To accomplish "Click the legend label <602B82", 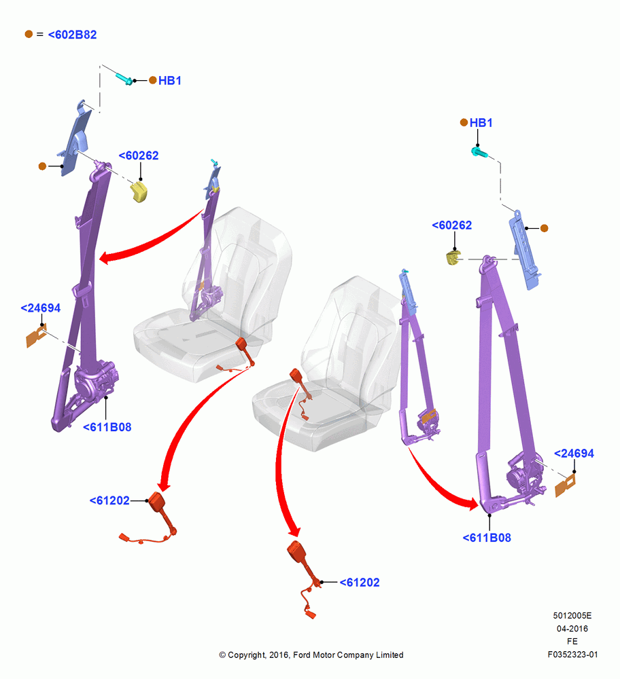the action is click(x=73, y=35).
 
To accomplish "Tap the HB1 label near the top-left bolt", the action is click(x=169, y=81).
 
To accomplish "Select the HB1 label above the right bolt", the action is click(x=481, y=123).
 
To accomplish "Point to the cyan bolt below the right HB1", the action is click(x=479, y=152).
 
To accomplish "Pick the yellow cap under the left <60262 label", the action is click(x=139, y=192).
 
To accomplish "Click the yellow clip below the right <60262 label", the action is click(x=453, y=257).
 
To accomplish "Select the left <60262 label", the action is click(x=139, y=155).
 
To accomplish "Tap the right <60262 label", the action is click(x=452, y=225).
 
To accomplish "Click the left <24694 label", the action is click(x=41, y=308).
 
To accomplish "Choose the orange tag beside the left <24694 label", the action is click(x=35, y=337).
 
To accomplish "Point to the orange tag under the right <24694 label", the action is click(x=565, y=485).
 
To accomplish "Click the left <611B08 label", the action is click(x=107, y=427).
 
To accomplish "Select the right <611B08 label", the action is click(x=487, y=538).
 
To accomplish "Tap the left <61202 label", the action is click(x=109, y=500).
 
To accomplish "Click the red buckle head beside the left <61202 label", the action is click(x=156, y=502).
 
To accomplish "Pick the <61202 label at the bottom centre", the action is click(x=360, y=583).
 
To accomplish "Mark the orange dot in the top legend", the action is click(x=29, y=34).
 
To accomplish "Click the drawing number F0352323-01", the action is click(x=572, y=655).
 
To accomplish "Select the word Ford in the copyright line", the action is click(x=302, y=655).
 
